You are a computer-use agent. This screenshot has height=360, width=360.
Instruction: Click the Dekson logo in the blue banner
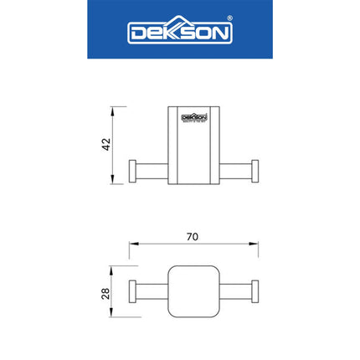click(179, 33)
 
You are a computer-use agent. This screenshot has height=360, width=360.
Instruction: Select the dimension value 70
click(193, 238)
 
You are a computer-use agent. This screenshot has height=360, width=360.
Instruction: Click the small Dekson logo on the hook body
click(193, 118)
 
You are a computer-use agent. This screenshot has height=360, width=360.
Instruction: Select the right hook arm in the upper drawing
click(235, 171)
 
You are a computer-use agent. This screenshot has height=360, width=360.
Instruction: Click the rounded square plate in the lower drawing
click(193, 292)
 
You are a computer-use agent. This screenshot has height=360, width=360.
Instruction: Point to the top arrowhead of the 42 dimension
click(115, 109)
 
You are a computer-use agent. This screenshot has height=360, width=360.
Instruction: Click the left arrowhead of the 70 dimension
click(131, 245)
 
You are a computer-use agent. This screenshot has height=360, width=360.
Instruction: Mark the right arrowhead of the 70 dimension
click(256, 245)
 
